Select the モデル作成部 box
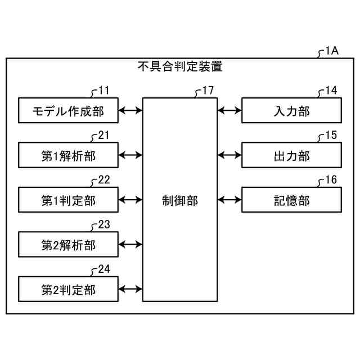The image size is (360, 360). [68, 110]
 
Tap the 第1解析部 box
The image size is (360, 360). [68, 155]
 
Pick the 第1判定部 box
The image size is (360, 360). [68, 200]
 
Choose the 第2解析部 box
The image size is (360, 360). [68, 245]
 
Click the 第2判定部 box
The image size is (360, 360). [68, 289]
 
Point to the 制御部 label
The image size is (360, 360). [179, 200]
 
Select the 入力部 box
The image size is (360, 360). [291, 110]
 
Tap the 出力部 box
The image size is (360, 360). [291, 155]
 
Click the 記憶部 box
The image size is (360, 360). [291, 200]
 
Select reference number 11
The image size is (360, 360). [104, 90]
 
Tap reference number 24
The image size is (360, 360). [104, 269]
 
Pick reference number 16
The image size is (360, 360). [331, 179]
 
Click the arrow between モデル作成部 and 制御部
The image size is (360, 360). [130, 110]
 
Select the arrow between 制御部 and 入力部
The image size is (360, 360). [229, 110]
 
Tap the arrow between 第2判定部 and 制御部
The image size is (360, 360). [130, 289]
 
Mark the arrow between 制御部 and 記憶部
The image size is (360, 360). [229, 200]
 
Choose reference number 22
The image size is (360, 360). [104, 179]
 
